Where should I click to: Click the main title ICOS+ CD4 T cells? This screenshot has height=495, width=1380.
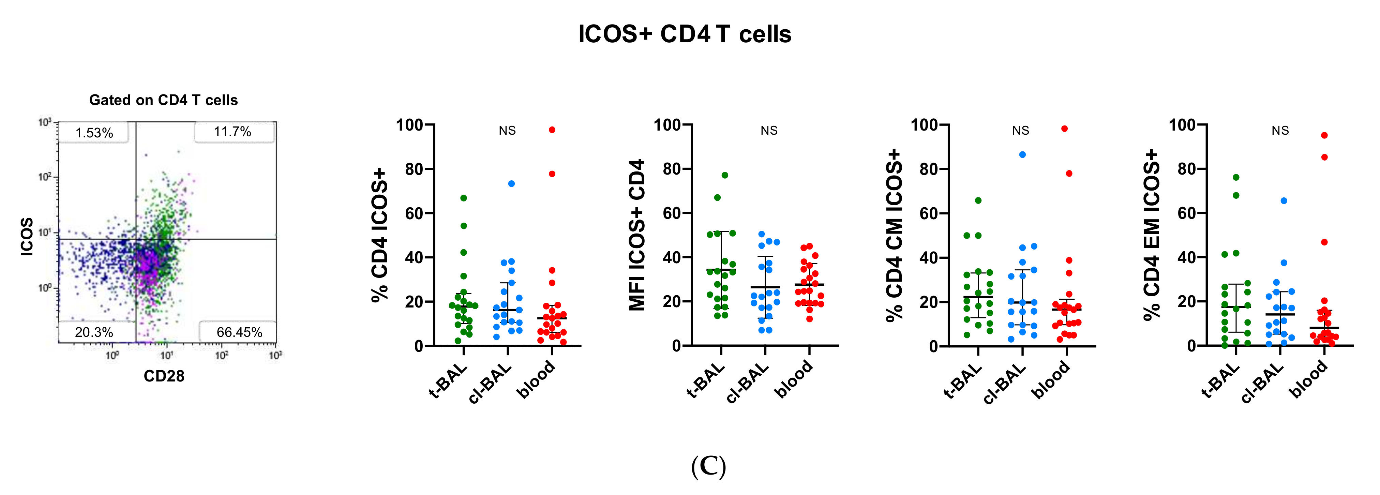coord(684,34)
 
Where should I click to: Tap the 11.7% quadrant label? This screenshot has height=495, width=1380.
coord(232,132)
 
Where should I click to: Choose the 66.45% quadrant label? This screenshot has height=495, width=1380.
coord(239,332)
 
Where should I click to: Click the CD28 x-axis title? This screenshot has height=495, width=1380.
coord(164,376)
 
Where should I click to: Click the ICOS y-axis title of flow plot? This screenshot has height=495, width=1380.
coord(27,236)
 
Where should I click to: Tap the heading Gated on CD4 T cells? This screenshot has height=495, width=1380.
coord(163,100)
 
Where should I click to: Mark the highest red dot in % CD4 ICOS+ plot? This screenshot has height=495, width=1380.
coord(552,130)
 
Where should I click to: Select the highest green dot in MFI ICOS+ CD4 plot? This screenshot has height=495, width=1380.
coord(725,175)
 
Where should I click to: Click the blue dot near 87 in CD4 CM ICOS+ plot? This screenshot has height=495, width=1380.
coord(1022,155)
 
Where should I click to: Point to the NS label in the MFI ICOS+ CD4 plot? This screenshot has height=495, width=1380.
coord(769,131)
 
